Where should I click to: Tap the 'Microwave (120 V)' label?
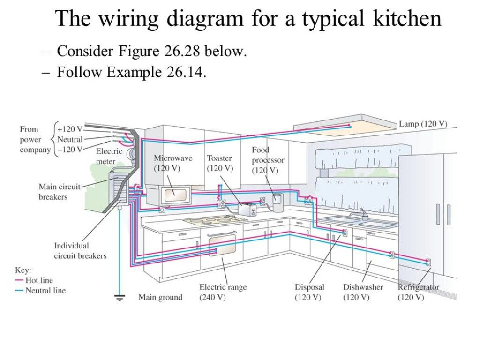coord(173,163)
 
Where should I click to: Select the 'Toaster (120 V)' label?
coord(219,163)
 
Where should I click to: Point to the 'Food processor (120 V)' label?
coord(268,160)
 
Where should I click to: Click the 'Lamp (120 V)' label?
coord(423,124)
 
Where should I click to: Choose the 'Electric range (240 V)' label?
coord(223,292)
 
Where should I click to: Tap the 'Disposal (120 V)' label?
coord(309,292)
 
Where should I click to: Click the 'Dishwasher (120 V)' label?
coord(363,292)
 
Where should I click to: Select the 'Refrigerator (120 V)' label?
coord(419,292)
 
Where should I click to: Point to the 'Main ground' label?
coord(160,297)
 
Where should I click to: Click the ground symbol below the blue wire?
coord(120,297)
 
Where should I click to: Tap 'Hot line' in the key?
coord(39,280)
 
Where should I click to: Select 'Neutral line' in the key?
coord(45,291)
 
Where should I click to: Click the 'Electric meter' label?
coord(109,156)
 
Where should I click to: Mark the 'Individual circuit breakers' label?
coord(80,250)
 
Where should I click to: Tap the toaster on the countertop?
coord(247,210)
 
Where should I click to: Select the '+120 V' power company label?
coord(72,129)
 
